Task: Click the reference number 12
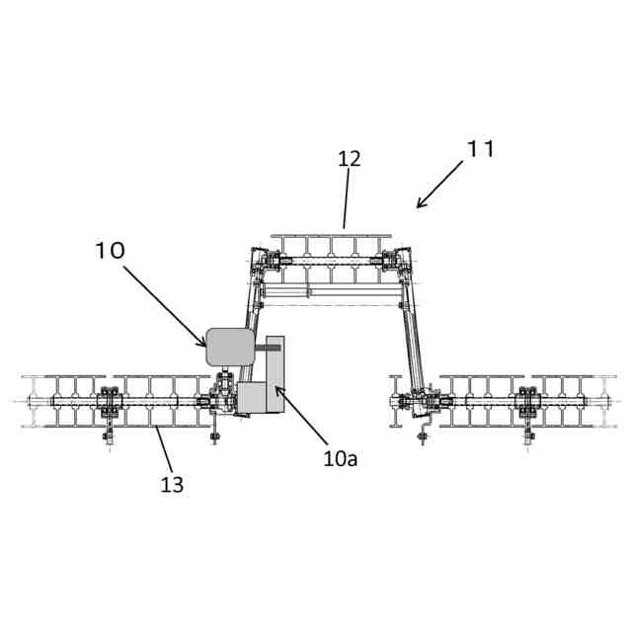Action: pyautogui.click(x=349, y=158)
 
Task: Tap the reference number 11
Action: pyautogui.click(x=481, y=149)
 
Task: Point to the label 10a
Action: pyautogui.click(x=340, y=458)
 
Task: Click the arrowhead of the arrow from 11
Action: pyautogui.click(x=419, y=206)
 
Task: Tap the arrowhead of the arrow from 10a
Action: pyautogui.click(x=276, y=387)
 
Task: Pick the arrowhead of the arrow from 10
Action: pyautogui.click(x=204, y=346)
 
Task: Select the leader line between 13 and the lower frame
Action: pyautogui.click(x=163, y=450)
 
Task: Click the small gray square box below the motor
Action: pyautogui.click(x=253, y=398)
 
